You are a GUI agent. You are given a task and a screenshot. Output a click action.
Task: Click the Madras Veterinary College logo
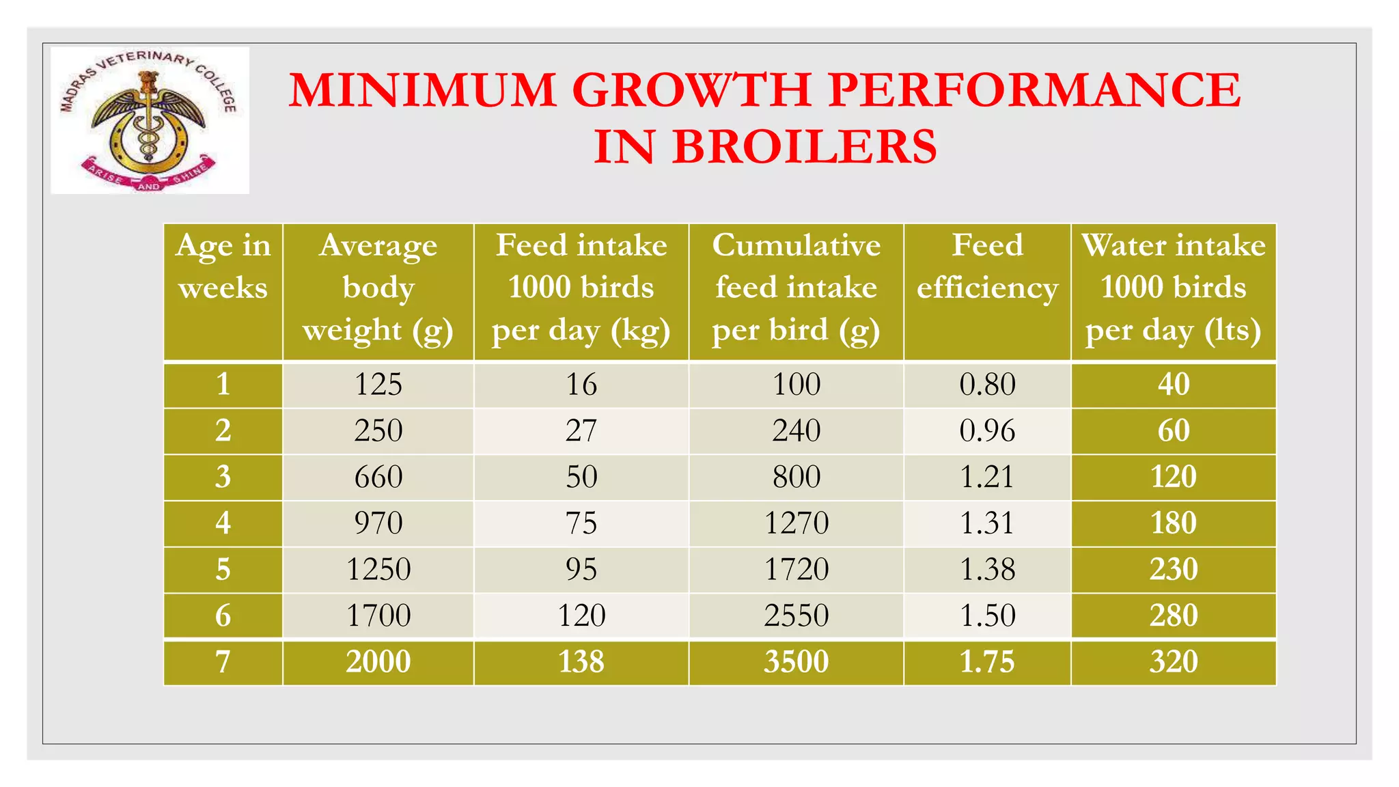click(x=150, y=120)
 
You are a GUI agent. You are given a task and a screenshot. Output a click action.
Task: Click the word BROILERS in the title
click(x=804, y=147)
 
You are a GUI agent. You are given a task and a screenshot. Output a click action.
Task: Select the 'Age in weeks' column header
click(x=223, y=266)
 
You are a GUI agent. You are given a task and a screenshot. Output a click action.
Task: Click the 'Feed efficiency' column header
click(x=987, y=266)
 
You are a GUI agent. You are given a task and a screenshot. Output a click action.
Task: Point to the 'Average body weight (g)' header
click(x=378, y=288)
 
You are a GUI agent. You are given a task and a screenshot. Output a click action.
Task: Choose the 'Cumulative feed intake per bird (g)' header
click(x=796, y=288)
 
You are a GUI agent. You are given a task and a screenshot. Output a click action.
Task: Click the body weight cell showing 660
click(x=378, y=477)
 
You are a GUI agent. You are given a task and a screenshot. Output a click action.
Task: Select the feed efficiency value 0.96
click(x=987, y=430)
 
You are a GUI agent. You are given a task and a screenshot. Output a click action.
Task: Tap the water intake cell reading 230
click(x=1173, y=569)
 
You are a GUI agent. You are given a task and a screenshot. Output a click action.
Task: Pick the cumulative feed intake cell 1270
click(x=796, y=523)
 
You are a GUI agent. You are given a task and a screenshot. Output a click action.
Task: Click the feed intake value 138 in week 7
click(x=581, y=662)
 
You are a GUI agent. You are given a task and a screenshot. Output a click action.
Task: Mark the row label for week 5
click(x=223, y=569)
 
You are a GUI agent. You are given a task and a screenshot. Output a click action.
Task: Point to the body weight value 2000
click(x=378, y=662)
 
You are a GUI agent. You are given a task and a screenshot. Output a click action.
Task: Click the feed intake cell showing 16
click(x=581, y=385)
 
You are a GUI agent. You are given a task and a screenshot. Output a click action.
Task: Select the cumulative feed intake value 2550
click(x=796, y=616)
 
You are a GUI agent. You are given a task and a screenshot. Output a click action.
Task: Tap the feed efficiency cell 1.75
click(x=987, y=662)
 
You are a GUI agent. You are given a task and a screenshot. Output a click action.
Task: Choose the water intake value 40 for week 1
click(x=1173, y=385)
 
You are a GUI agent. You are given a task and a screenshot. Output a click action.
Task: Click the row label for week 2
click(x=223, y=430)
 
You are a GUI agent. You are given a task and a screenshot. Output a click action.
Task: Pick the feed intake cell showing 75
click(x=581, y=523)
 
